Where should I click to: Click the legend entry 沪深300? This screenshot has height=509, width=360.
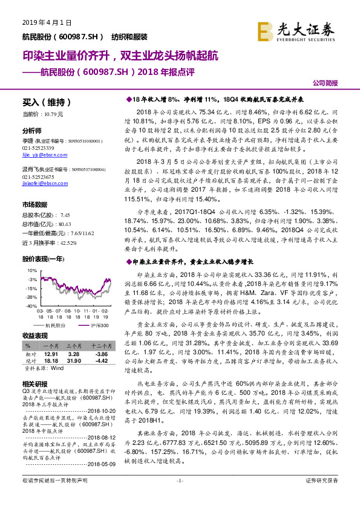coord(99,325)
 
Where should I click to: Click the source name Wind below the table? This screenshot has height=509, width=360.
coord(57,367)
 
